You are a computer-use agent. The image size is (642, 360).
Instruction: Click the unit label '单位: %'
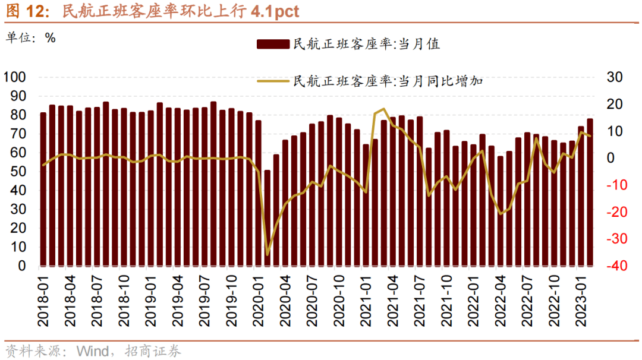(x=31, y=37)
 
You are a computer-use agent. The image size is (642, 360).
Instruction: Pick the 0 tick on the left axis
(x=22, y=266)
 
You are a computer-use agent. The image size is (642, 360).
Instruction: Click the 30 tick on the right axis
(x=613, y=77)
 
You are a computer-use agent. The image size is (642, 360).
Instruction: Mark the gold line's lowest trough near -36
(x=267, y=255)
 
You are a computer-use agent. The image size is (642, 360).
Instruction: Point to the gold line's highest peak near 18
(x=384, y=109)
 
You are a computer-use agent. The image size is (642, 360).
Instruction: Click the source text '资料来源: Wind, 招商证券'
(x=92, y=350)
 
